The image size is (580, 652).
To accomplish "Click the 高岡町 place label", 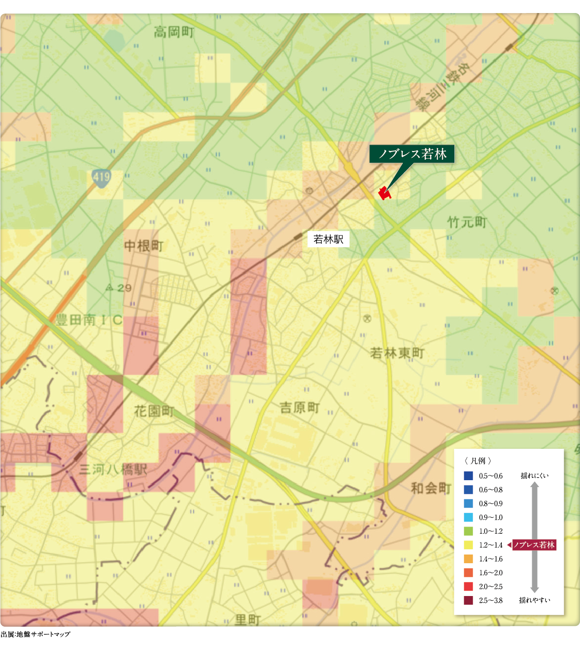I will [x=174, y=33].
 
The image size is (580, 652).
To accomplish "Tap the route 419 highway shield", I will [x=101, y=178].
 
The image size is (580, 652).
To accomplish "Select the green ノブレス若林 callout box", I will [x=412, y=154].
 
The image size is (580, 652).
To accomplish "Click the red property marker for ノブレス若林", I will [x=383, y=193].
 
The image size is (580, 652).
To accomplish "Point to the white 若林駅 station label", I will [x=328, y=239].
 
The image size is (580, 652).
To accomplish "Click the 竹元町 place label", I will [x=467, y=222].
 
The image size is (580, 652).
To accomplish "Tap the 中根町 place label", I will [x=144, y=246].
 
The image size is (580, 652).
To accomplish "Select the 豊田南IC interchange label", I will [x=89, y=320].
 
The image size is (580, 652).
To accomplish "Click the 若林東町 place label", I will [x=397, y=353].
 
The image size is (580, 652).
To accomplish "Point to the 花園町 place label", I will [x=154, y=411].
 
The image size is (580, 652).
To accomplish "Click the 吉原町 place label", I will [x=300, y=408].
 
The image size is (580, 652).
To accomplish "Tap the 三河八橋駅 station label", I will [x=113, y=469].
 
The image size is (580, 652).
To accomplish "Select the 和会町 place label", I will [x=431, y=488].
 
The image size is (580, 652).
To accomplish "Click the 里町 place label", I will [x=248, y=620].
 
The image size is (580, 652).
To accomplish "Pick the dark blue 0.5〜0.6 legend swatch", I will [x=468, y=476].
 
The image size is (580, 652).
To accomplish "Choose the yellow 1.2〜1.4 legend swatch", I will [x=468, y=545].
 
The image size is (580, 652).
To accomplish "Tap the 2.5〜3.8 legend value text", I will [x=491, y=601].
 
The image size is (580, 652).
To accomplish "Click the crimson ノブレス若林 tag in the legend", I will [x=534, y=545].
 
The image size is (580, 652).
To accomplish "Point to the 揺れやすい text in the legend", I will [x=534, y=600].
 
